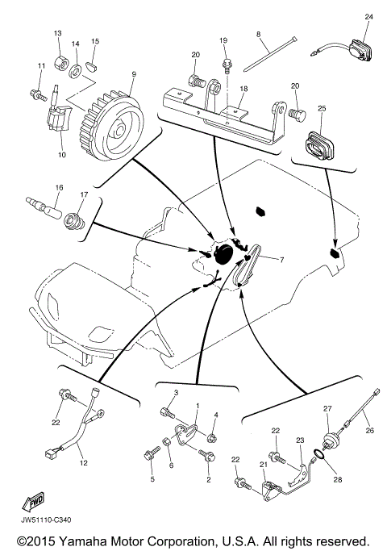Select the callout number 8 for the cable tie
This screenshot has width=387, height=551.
coord(258,34)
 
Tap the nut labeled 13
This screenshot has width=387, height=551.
coord(58,58)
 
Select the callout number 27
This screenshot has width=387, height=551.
coord(327,409)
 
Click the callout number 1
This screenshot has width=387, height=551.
coord(198,403)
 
